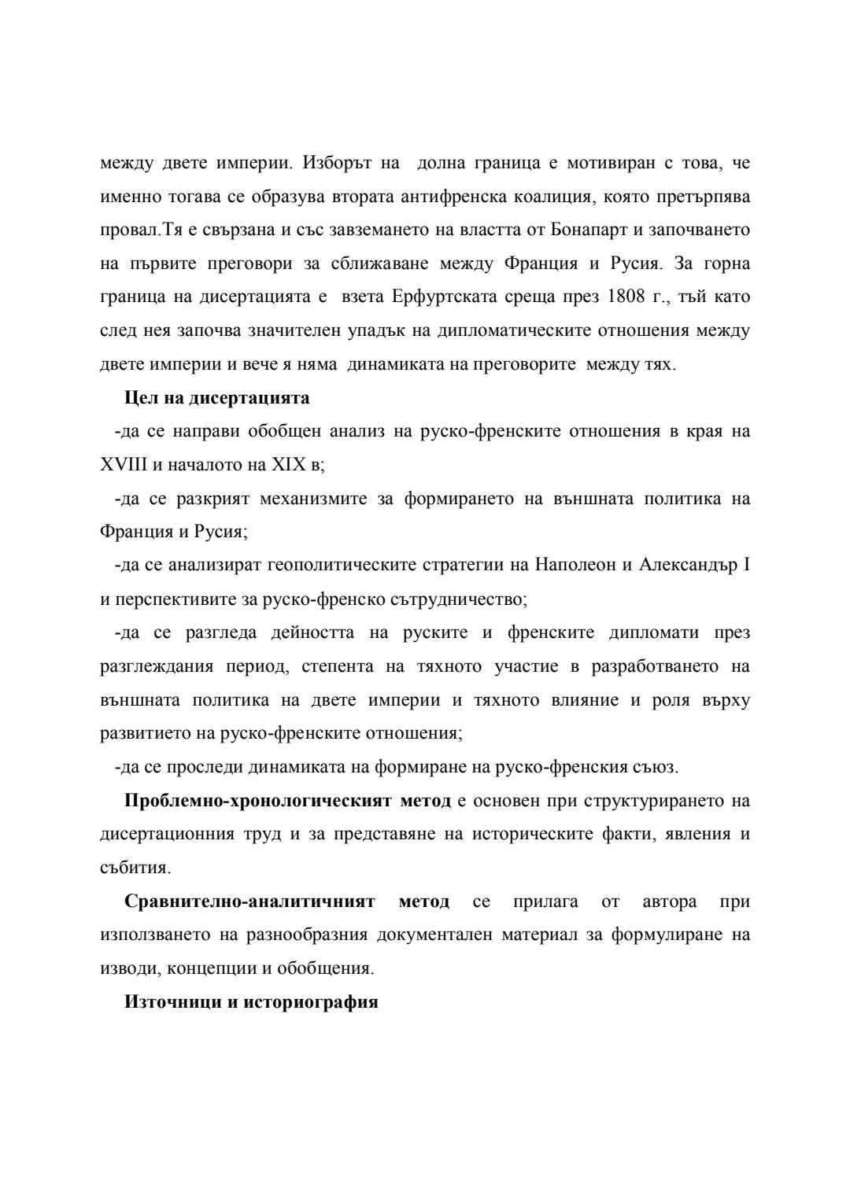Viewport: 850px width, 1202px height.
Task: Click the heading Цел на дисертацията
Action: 217,398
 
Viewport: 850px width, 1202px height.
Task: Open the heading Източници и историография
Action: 252,1003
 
